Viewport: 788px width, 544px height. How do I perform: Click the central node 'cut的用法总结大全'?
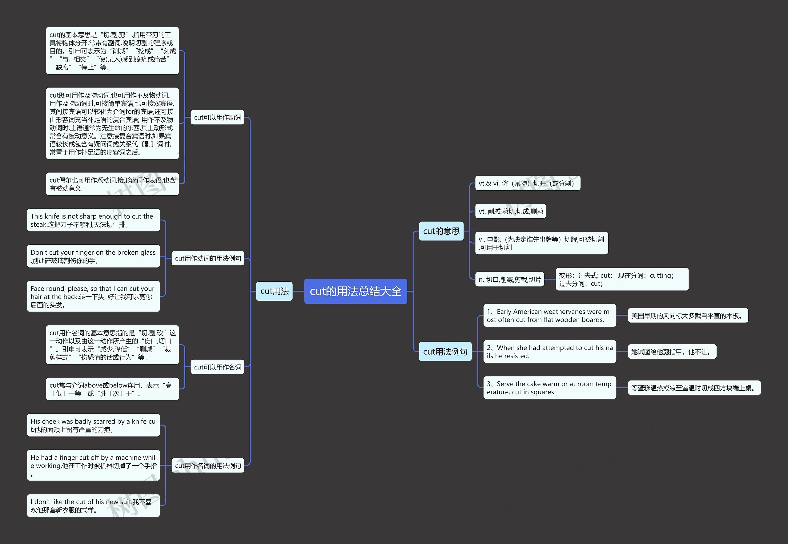pyautogui.click(x=356, y=291)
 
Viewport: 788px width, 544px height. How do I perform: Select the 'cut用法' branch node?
pyautogui.click(x=274, y=291)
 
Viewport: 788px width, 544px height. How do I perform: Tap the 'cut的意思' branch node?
pyautogui.click(x=441, y=231)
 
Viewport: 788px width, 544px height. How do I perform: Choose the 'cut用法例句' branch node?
pyautogui.click(x=445, y=351)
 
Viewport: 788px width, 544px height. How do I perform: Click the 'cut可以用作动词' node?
pyautogui.click(x=217, y=117)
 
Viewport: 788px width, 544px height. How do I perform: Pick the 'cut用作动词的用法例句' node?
pyautogui.click(x=208, y=258)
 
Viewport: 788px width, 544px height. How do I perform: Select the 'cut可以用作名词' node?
pyautogui.click(x=217, y=367)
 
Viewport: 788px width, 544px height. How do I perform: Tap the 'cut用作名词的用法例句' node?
pyautogui.click(x=208, y=465)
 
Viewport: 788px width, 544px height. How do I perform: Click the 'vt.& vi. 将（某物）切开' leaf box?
pyautogui.click(x=528, y=183)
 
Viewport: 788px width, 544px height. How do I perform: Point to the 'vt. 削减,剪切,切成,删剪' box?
pyautogui.click(x=511, y=211)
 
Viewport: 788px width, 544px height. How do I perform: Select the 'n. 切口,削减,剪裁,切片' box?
pyautogui.click(x=509, y=280)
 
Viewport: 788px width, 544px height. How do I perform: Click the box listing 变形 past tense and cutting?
pyautogui.click(x=622, y=280)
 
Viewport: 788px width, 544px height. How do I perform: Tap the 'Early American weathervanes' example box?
pyautogui.click(x=550, y=315)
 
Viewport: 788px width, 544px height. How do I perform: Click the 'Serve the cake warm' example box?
pyautogui.click(x=550, y=388)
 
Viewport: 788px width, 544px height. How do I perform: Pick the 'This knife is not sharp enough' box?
pyautogui.click(x=93, y=220)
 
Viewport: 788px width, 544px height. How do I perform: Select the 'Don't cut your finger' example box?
pyautogui.click(x=93, y=256)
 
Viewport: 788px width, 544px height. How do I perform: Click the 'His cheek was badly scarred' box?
pyautogui.click(x=93, y=425)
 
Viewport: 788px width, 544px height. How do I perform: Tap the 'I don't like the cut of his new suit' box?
pyautogui.click(x=93, y=506)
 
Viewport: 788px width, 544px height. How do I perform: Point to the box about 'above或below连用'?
pyautogui.click(x=112, y=389)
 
